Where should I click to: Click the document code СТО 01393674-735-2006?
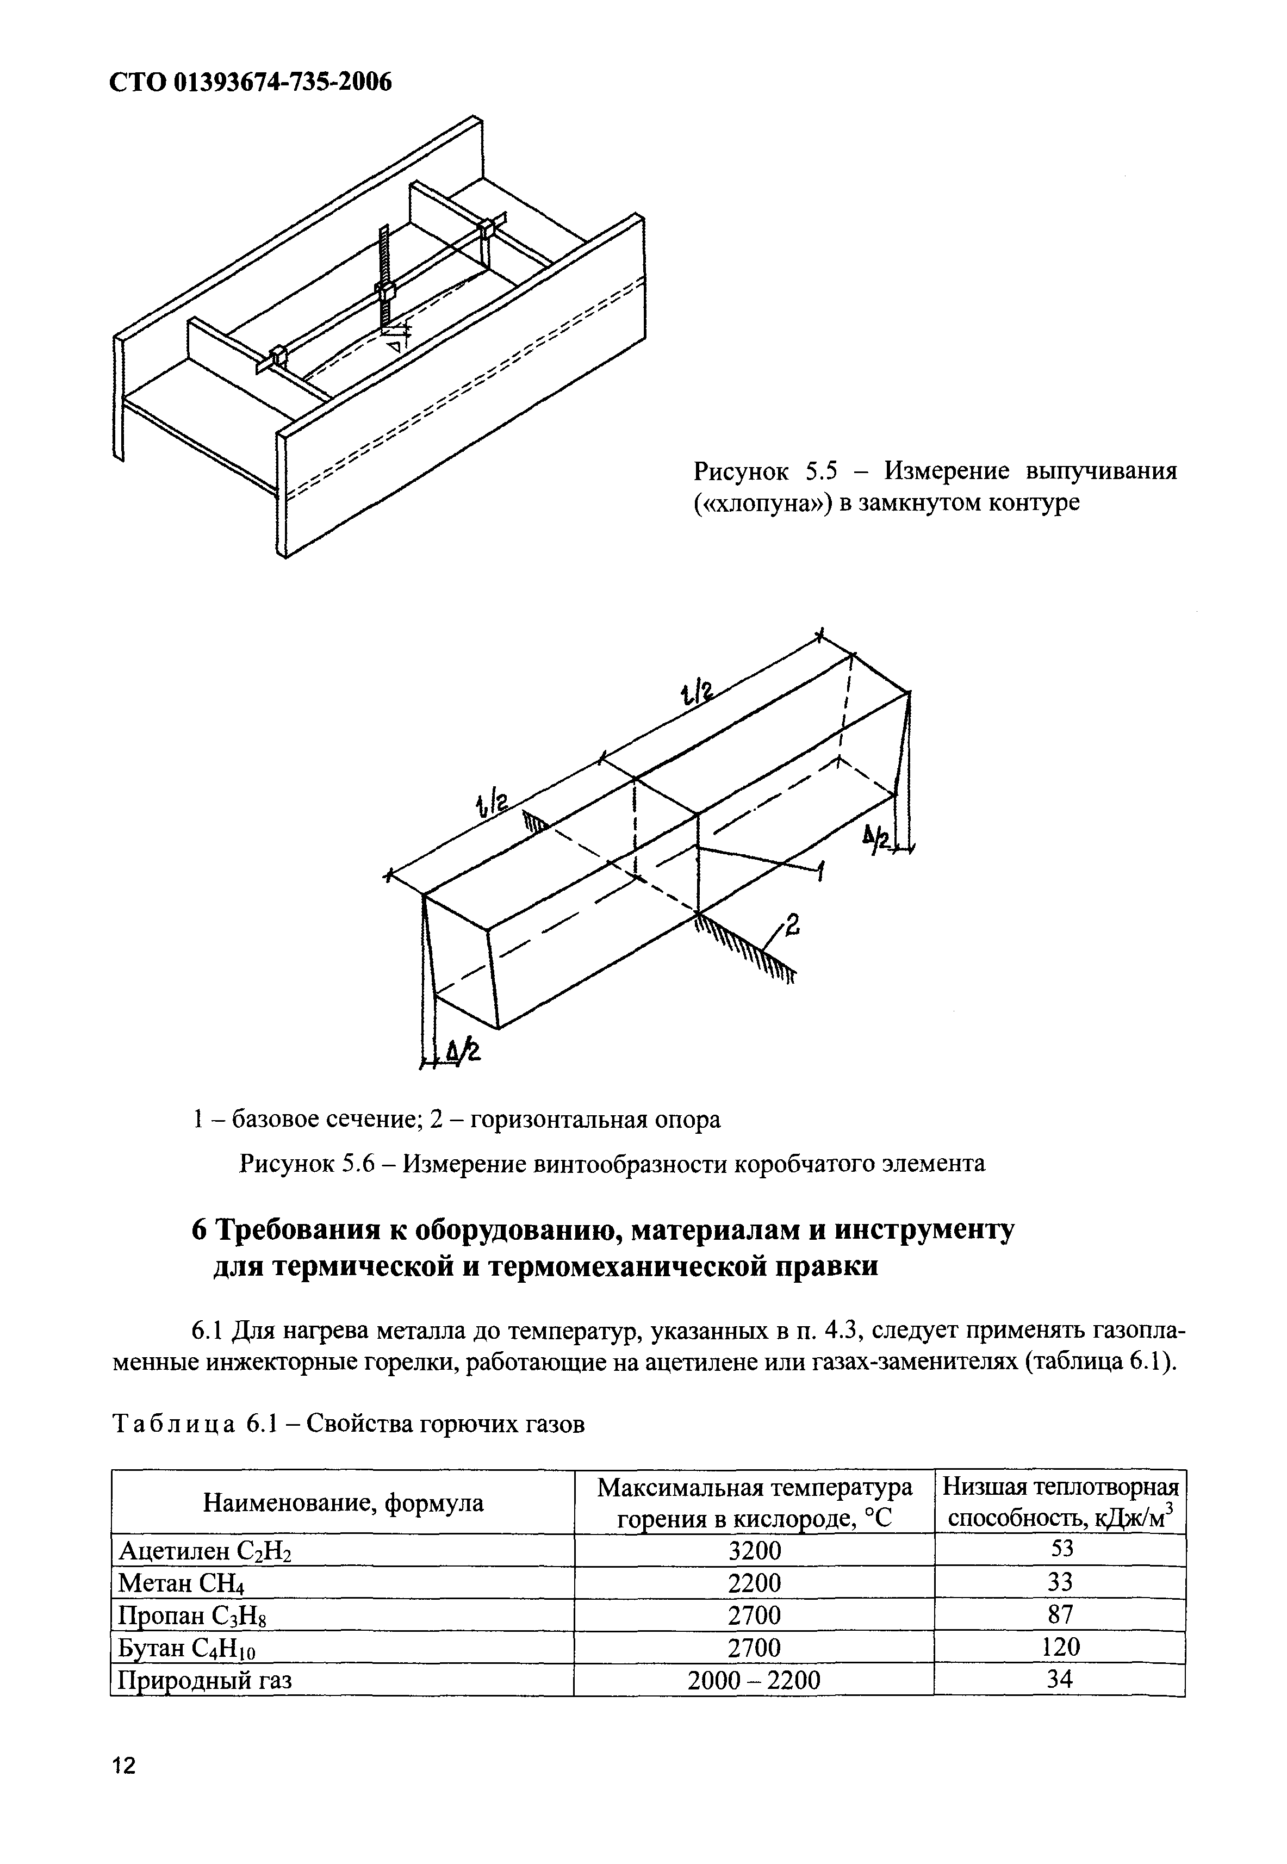click(250, 82)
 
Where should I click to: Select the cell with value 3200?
click(754, 1550)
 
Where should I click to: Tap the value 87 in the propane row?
click(1060, 1614)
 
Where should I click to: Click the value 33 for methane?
click(1060, 1582)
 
